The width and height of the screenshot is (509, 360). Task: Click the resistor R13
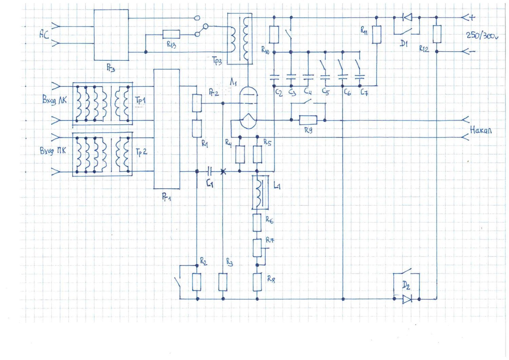tap(171, 34)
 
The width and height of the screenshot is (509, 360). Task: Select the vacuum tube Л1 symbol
tap(248, 108)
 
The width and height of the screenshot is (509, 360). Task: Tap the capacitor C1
tap(210, 171)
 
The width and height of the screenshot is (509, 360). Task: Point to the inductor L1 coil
tap(260, 192)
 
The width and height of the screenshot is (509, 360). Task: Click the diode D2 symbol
tap(407, 299)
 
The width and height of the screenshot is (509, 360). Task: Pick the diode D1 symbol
tap(407, 17)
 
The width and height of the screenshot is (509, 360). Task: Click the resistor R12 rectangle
tap(437, 34)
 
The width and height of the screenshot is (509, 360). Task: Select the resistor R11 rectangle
tap(376, 35)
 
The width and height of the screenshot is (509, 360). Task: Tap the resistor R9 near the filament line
tap(308, 120)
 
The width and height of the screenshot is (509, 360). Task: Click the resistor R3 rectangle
tap(223, 282)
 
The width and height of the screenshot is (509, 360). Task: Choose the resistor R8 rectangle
tap(257, 282)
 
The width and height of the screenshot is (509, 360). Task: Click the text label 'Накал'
tap(480, 130)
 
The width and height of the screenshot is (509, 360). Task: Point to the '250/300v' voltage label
tap(482, 35)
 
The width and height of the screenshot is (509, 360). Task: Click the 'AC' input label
tap(44, 34)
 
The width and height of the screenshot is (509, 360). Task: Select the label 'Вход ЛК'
tap(54, 100)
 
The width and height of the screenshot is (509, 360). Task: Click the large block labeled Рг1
tap(167, 129)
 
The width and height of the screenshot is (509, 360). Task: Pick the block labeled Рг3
tap(111, 35)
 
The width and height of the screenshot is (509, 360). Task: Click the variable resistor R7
tap(257, 247)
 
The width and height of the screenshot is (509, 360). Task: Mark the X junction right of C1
tap(223, 172)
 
